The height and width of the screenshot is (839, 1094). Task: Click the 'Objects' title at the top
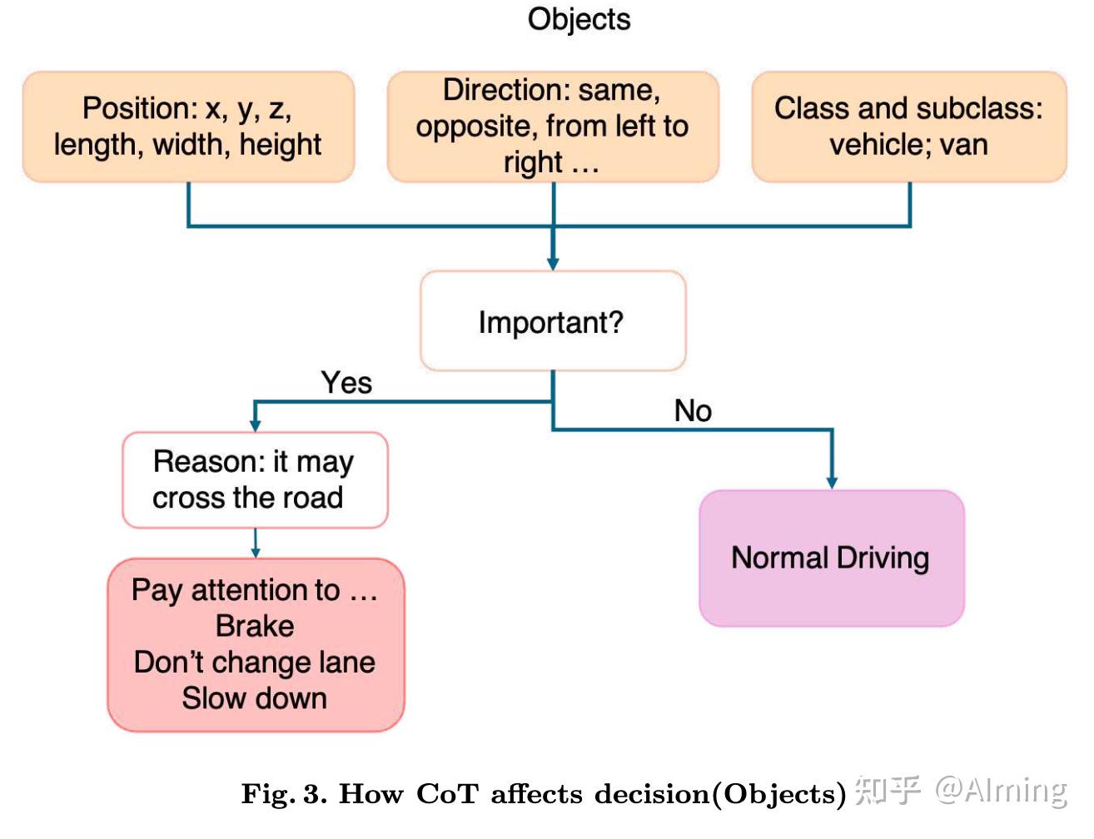[x=579, y=19]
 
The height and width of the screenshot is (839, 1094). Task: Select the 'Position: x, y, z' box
[x=188, y=127]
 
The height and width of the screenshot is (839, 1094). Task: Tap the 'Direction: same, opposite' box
[x=553, y=127]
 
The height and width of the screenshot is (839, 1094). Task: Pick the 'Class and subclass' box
[x=908, y=127]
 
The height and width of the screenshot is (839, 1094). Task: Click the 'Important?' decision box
[x=553, y=321]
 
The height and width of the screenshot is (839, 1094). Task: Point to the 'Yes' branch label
[x=346, y=383]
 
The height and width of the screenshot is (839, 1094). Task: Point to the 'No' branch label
[x=693, y=410]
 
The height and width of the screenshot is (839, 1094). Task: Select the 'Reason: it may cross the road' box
[x=255, y=479]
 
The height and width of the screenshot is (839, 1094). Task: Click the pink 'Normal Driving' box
[x=831, y=558]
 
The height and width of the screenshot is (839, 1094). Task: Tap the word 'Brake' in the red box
[x=255, y=626]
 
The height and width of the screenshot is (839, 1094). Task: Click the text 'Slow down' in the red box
[x=255, y=698]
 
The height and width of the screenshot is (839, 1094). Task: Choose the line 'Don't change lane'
[x=255, y=663]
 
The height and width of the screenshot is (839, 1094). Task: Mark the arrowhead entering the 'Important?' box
[x=553, y=263]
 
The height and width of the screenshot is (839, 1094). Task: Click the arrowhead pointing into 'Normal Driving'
[x=831, y=483]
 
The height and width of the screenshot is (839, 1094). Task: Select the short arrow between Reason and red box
[x=255, y=544]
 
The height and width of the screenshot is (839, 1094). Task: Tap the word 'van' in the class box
[x=963, y=145]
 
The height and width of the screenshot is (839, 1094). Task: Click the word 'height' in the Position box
[x=280, y=145]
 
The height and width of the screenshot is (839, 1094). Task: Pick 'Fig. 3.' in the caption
[x=284, y=794]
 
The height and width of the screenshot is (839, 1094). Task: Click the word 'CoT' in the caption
[x=447, y=794]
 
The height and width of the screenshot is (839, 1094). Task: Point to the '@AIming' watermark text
[x=1001, y=789]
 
